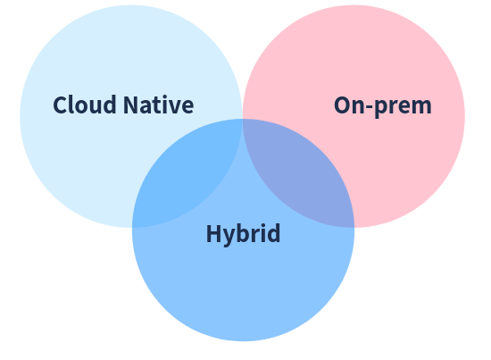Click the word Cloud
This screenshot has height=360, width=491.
85,105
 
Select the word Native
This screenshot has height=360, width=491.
158,105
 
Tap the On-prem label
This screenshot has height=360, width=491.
383,106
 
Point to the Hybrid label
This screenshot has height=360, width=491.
243,234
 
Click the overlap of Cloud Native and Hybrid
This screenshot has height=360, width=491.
193,175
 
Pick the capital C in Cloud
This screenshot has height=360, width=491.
60,105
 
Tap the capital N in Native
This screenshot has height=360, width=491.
131,105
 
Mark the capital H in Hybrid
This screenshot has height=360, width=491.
213,233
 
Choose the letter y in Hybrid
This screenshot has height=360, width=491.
229,238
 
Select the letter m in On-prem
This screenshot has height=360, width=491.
421,107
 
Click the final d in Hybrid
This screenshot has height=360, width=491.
273,233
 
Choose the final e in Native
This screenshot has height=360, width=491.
187,107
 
